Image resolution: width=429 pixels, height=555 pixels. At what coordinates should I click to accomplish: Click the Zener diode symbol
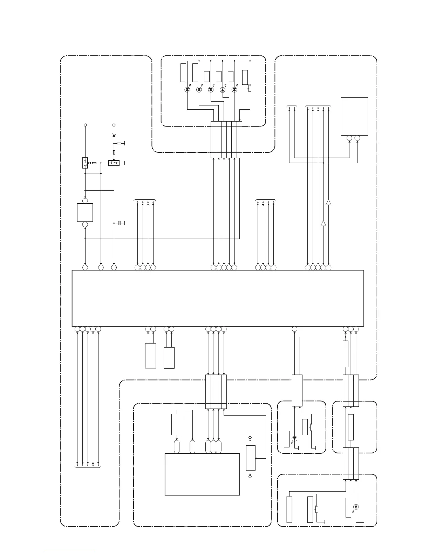point(114,135)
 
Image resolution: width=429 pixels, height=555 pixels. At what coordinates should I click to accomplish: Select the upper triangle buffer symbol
point(328,202)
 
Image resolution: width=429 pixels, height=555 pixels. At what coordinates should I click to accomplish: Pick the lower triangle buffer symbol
point(323,223)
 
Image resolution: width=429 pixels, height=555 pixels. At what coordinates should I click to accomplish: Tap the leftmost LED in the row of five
point(187,90)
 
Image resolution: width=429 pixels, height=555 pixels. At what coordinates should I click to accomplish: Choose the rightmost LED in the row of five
point(234,90)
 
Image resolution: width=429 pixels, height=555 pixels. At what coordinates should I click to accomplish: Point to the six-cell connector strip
point(226,139)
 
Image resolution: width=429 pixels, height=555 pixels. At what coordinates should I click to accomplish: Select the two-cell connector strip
point(297,391)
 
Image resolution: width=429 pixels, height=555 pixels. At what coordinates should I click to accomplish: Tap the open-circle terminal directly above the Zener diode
point(114,125)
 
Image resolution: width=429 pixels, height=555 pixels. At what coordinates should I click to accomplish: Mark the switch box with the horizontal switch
point(114,163)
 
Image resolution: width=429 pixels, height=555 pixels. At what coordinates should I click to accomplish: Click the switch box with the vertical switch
point(85,163)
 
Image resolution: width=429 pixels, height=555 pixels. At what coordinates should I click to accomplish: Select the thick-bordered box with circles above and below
point(85,213)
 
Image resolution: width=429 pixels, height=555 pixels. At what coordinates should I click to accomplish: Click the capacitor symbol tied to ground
point(121,223)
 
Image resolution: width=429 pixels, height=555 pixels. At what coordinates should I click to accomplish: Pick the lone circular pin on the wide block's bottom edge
point(294,329)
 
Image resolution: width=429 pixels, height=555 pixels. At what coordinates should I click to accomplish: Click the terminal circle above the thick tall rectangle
point(250,438)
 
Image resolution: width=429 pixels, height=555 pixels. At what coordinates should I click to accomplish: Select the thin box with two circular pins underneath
point(354,116)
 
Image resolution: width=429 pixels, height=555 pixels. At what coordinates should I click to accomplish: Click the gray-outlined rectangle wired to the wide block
point(150,356)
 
